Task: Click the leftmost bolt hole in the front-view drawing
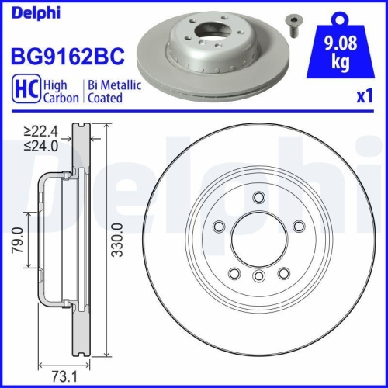(x=219, y=227)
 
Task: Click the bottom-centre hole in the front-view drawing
(x=259, y=276)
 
